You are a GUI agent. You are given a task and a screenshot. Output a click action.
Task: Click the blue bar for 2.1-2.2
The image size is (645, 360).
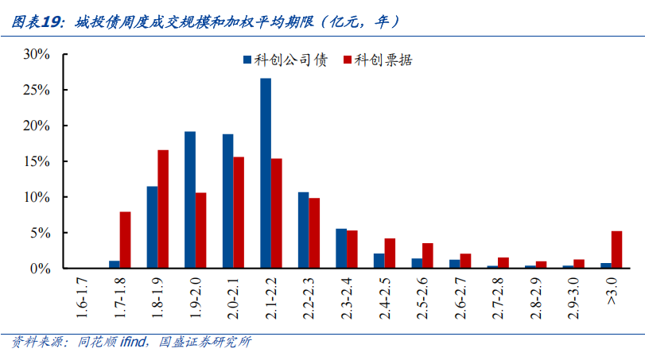tap(265, 173)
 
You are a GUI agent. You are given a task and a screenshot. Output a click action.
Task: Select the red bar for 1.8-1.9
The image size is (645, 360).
tap(163, 209)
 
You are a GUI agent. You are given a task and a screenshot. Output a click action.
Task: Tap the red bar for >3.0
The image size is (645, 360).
tap(616, 250)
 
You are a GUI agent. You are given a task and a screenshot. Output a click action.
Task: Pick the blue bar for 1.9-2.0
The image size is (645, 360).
tap(190, 200)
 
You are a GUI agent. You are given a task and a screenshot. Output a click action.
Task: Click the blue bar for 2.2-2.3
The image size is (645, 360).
tap(303, 230)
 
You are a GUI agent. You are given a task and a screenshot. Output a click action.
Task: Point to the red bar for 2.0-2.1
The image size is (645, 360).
tap(239, 213)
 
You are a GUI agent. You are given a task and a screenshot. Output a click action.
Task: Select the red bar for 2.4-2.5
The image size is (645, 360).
tap(390, 254)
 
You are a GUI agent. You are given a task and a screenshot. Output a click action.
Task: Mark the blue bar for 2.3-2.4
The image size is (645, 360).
tap(341, 249)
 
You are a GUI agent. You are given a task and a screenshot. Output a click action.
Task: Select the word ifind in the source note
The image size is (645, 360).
tap(132, 343)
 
